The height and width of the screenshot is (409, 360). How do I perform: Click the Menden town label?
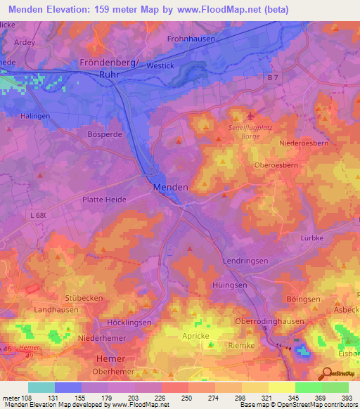(171, 188)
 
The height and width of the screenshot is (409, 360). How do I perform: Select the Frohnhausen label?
(191, 39)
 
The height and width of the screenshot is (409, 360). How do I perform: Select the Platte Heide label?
(104, 200)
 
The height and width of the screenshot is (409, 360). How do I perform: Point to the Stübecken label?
(84, 298)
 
